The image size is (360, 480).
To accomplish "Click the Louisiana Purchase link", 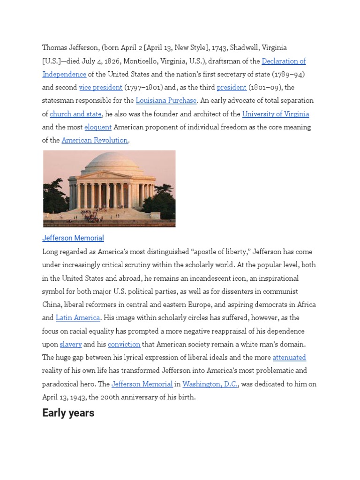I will pyautogui.click(x=166, y=100).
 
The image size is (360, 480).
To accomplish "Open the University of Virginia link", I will pyautogui.click(x=275, y=114).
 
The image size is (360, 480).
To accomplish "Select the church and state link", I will pyautogui.click(x=75, y=114).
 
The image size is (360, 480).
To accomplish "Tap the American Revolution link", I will pyautogui.click(x=95, y=140).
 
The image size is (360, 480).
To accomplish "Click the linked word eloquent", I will pyautogui.click(x=98, y=127).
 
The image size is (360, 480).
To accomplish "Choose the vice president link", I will pyautogui.click(x=101, y=87).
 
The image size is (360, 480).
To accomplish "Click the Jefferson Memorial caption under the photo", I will pyautogui.click(x=73, y=238).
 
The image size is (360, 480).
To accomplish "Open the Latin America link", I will pyautogui.click(x=78, y=318).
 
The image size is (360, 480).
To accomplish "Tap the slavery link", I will pyautogui.click(x=71, y=344).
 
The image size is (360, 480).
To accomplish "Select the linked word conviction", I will pyautogui.click(x=124, y=344).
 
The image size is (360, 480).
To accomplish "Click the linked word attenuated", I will pyautogui.click(x=289, y=357).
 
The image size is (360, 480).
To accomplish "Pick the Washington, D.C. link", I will pyautogui.click(x=210, y=384).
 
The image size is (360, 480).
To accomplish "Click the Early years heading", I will pyautogui.click(x=68, y=413).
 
